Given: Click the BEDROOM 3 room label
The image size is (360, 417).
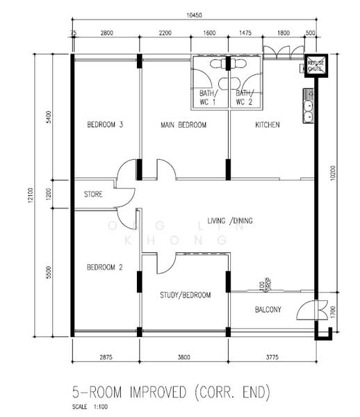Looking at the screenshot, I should click(105, 125).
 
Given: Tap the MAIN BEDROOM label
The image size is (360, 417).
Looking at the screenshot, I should click(184, 125).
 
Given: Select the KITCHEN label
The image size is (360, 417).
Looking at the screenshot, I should click(268, 125).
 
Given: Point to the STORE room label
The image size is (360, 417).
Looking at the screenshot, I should click(93, 195).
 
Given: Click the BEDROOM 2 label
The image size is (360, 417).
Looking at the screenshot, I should click(105, 267).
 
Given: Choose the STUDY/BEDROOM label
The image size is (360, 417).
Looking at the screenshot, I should click(184, 295).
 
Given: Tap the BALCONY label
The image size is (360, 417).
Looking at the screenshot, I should click(268, 310).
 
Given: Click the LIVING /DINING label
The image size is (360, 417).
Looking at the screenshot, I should click(224, 221).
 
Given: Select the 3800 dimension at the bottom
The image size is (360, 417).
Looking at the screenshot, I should click(183, 357).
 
